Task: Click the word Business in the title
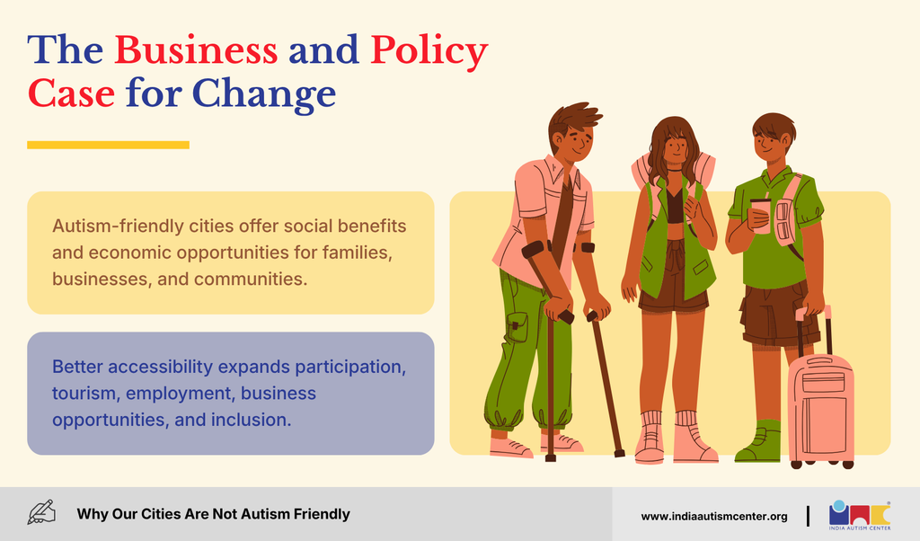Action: coord(196,49)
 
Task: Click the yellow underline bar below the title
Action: coord(108,145)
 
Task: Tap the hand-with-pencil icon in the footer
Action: coord(41,512)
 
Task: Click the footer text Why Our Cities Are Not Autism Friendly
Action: coord(214,514)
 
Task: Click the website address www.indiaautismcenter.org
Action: coord(714,517)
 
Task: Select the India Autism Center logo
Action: coord(860,515)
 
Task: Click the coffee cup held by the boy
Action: coord(760,214)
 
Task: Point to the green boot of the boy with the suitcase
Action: coord(759,441)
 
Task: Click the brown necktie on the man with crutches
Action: coord(563,217)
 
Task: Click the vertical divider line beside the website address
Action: coord(808,516)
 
